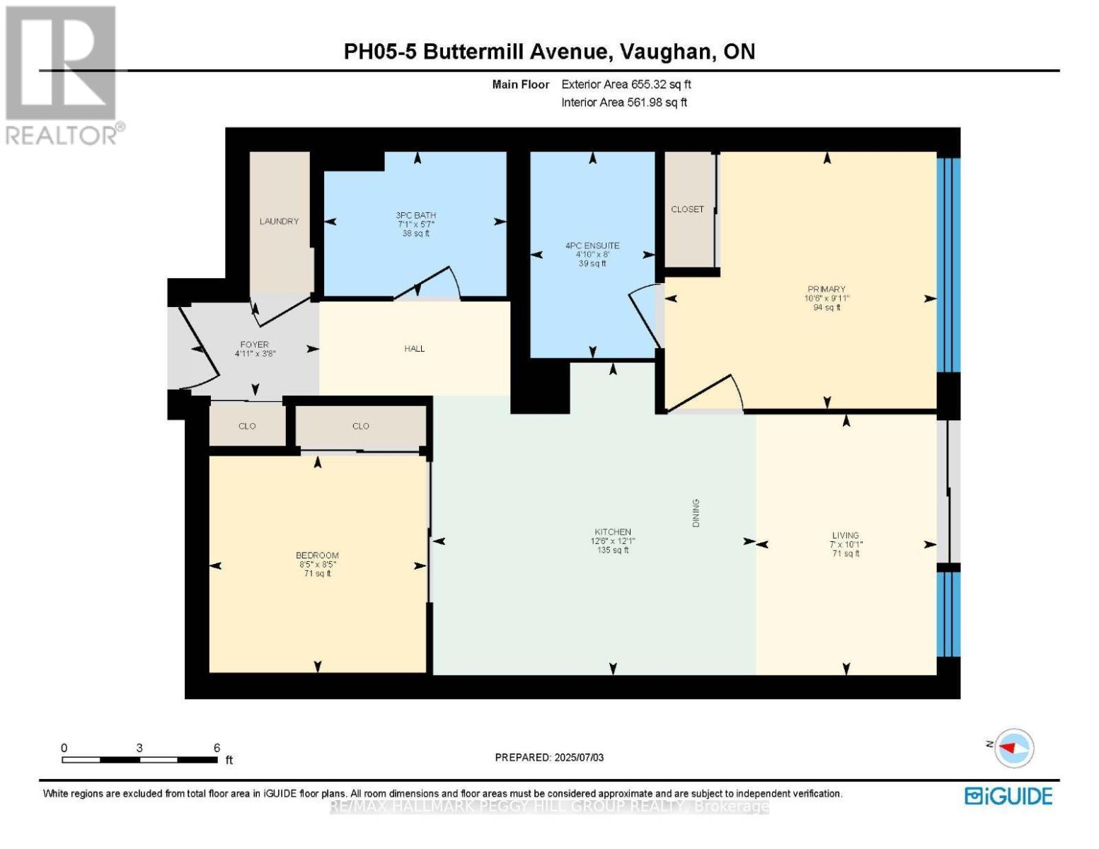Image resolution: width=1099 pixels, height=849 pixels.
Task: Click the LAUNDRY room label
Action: pyautogui.click(x=279, y=221)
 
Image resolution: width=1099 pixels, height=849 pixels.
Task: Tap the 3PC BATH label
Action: pyautogui.click(x=415, y=215)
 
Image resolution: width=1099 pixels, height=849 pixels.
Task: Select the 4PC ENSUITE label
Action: pyautogui.click(x=592, y=246)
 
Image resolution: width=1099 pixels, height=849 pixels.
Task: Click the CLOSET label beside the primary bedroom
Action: pyautogui.click(x=687, y=209)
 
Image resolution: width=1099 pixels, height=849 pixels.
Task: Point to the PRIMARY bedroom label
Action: pyautogui.click(x=826, y=289)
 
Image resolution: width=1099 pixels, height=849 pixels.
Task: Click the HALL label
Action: pyautogui.click(x=415, y=349)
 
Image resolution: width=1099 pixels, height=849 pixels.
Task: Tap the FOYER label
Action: pyautogui.click(x=254, y=345)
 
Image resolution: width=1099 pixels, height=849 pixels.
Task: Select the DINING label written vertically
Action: pyautogui.click(x=696, y=513)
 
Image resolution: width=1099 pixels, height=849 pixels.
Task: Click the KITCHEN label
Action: pyautogui.click(x=612, y=532)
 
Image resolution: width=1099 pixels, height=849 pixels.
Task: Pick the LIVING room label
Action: pyautogui.click(x=846, y=536)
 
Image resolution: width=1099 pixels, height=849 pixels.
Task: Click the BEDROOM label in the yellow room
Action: pyautogui.click(x=317, y=555)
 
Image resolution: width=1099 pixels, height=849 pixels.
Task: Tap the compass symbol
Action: pyautogui.click(x=1013, y=748)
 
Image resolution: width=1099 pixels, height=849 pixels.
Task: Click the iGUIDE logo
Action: pyautogui.click(x=1008, y=796)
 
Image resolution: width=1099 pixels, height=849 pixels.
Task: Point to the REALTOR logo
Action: pyautogui.click(x=62, y=74)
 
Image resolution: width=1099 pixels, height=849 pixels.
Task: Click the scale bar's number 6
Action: pyautogui.click(x=217, y=748)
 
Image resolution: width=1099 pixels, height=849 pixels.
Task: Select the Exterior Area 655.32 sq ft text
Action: pyautogui.click(x=626, y=84)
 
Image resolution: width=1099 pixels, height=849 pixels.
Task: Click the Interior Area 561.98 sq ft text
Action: pyautogui.click(x=624, y=103)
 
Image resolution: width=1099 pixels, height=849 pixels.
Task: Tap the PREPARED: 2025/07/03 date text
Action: pyautogui.click(x=549, y=758)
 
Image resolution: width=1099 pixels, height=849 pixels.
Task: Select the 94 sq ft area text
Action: pyautogui.click(x=827, y=308)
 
